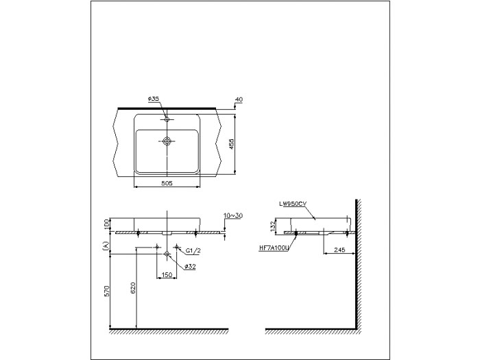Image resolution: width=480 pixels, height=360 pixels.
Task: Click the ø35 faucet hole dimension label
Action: [x=154, y=99]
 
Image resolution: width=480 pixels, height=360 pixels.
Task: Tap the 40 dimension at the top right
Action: [x=239, y=99]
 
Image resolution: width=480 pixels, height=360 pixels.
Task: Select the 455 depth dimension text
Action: [x=232, y=144]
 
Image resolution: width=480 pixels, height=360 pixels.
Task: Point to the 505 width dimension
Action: [x=166, y=183]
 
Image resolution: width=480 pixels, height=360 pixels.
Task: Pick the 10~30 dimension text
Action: [x=232, y=215]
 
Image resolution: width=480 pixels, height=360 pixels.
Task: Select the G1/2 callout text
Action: [x=193, y=251]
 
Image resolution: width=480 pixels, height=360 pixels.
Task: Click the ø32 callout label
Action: [x=191, y=267]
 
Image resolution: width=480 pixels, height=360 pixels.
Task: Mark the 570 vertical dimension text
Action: [x=106, y=291]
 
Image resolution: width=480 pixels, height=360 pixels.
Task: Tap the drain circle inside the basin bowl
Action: [x=167, y=141]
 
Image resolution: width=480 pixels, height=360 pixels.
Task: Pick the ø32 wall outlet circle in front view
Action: [x=167, y=254]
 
